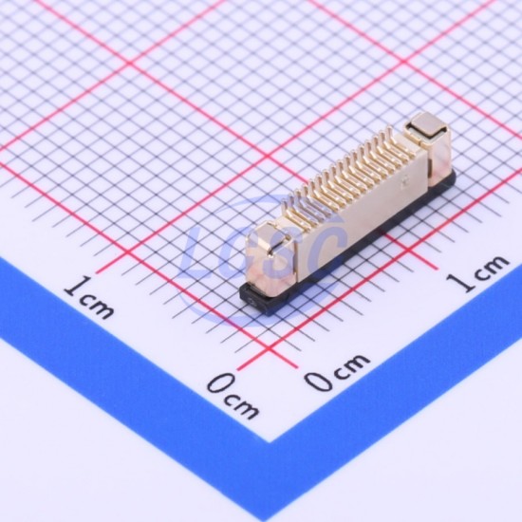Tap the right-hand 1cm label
point(477,273)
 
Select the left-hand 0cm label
point(233,396)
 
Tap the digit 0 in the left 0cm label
point(220,383)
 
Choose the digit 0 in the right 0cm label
point(319,379)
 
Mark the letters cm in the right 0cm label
point(352,364)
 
